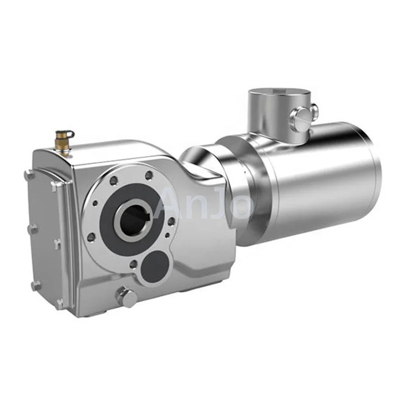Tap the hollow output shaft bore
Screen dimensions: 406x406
point(132,219)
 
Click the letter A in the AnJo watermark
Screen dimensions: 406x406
point(168,204)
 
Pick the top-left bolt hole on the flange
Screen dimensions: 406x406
point(113,181)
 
